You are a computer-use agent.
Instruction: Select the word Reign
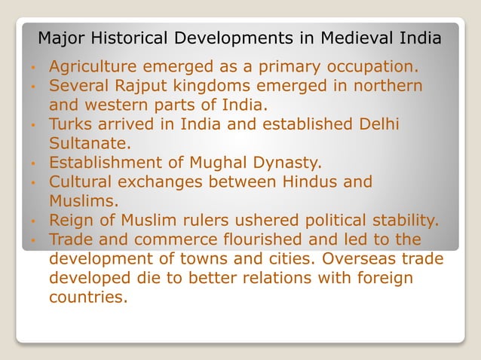tap(72, 221)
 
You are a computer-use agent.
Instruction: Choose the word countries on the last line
tap(87, 297)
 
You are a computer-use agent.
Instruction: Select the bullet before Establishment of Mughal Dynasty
tap(33, 162)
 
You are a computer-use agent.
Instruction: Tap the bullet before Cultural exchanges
tap(33, 182)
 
